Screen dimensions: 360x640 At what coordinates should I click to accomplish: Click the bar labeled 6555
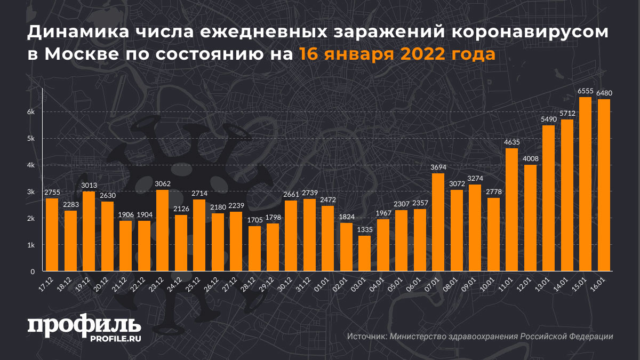click(x=585, y=184)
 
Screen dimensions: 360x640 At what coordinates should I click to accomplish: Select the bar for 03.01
click(x=365, y=253)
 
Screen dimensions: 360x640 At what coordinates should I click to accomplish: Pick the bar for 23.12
click(x=162, y=230)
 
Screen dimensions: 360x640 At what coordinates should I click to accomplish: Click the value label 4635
click(x=511, y=142)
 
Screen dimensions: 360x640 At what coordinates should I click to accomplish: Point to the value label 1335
click(x=365, y=229)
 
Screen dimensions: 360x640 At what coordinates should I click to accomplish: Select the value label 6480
click(x=604, y=93)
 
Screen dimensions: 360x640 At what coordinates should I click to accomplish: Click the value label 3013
click(x=89, y=185)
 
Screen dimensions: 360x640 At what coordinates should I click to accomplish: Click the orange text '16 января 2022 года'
click(x=397, y=55)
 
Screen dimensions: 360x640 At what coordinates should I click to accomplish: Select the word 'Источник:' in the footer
click(x=366, y=337)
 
